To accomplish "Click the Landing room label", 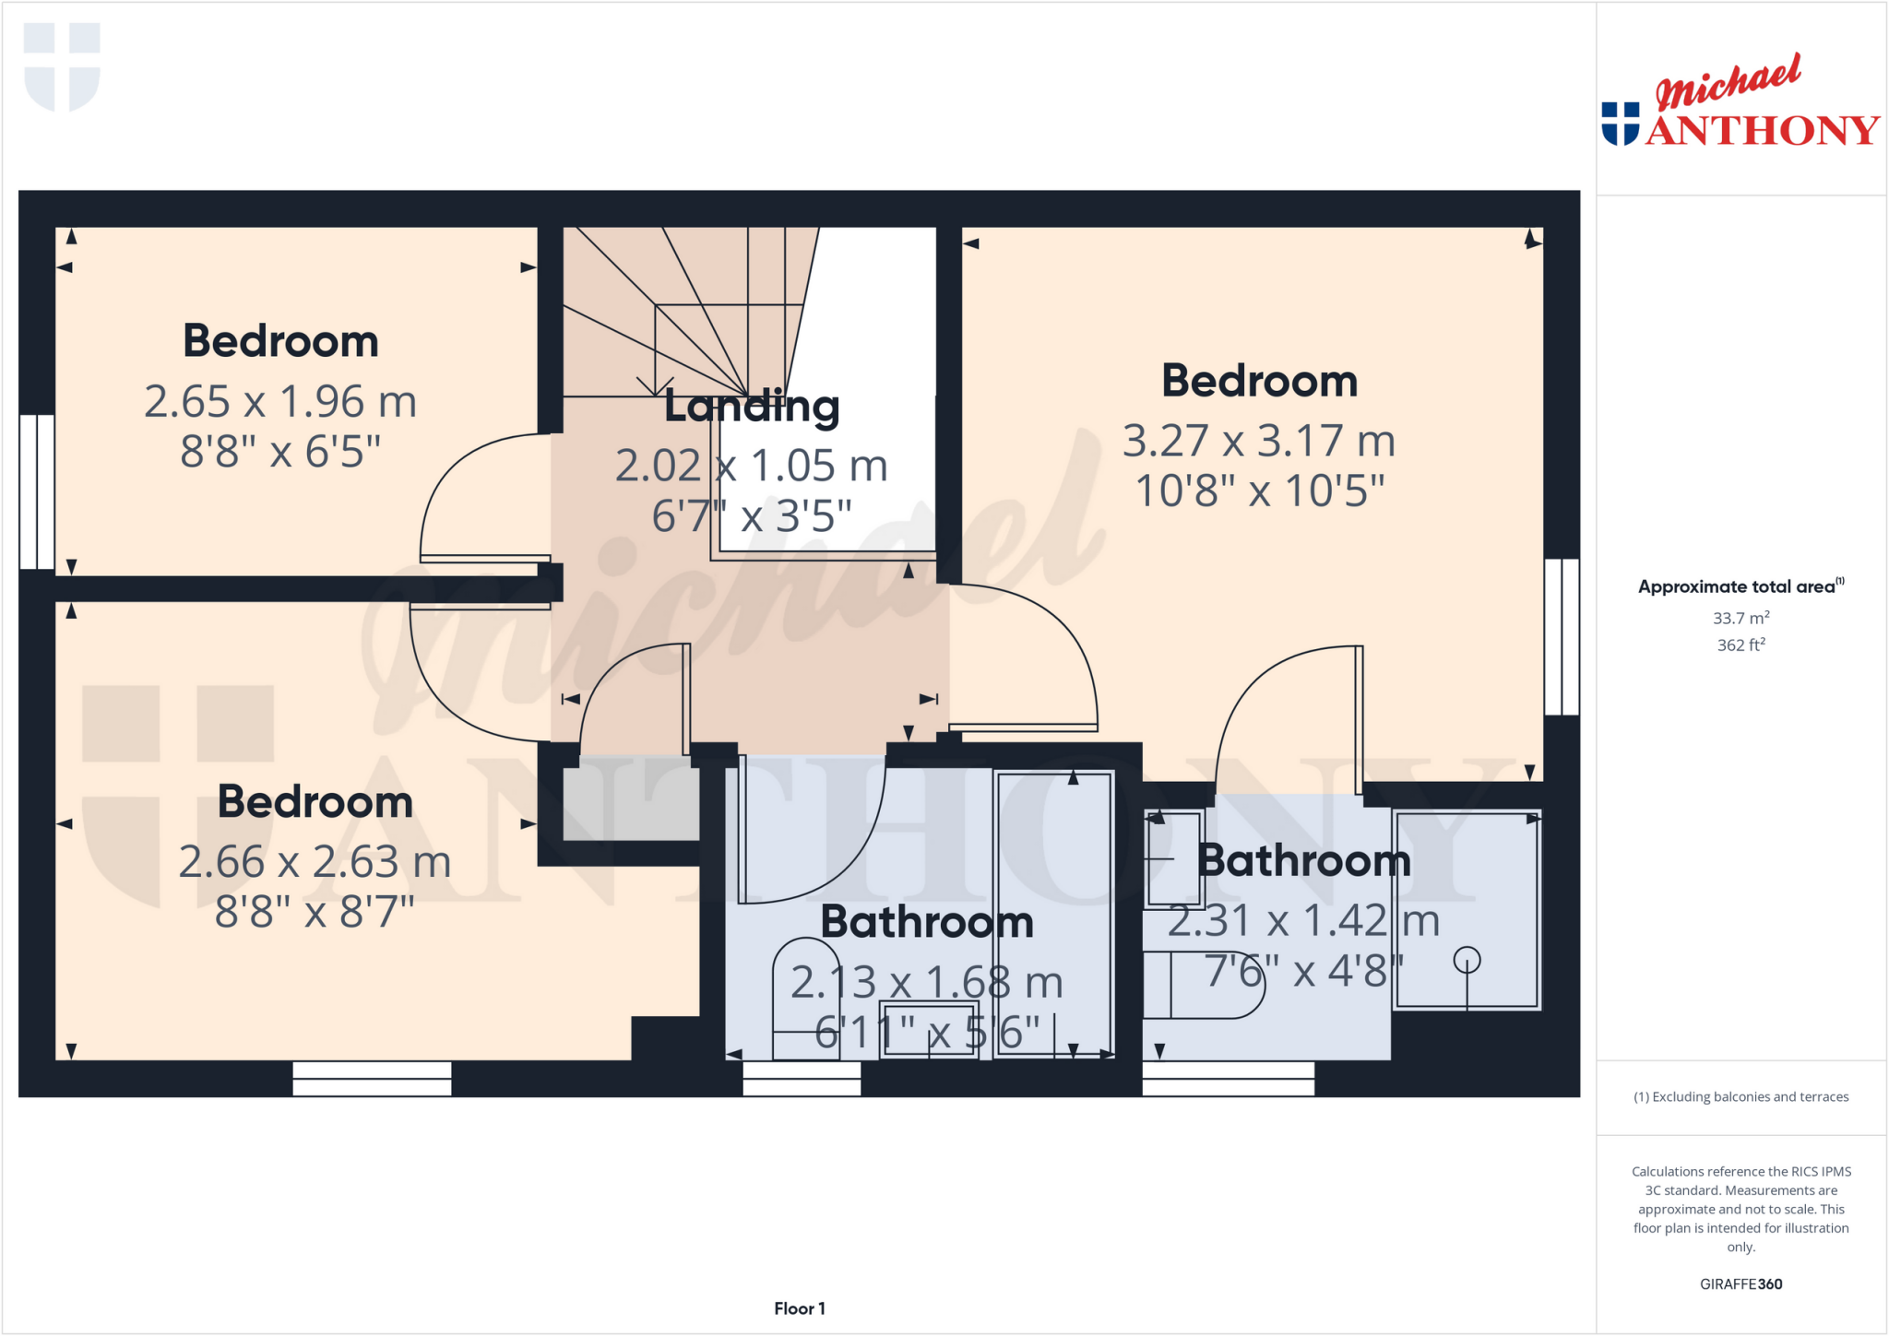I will (752, 406).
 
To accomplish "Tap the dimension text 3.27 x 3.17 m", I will (1258, 441).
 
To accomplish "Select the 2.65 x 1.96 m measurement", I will (280, 402).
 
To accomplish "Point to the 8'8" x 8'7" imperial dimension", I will (315, 912).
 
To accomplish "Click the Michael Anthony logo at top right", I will (1740, 103).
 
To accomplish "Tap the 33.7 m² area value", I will (1740, 618).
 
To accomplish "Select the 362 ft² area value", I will (1740, 645).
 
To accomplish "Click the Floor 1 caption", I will (799, 1308).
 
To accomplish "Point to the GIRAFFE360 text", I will (1740, 1283).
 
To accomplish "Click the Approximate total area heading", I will (1740, 586).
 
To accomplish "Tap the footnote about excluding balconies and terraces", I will (1740, 1096).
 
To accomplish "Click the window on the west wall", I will (37, 491).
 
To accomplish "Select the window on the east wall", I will (1562, 636).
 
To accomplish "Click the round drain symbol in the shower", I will (1467, 961).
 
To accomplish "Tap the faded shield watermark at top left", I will (62, 66).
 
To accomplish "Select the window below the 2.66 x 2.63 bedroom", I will (372, 1078).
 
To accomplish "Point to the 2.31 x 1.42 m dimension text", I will (1302, 921).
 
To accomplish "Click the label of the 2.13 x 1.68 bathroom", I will (926, 922).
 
